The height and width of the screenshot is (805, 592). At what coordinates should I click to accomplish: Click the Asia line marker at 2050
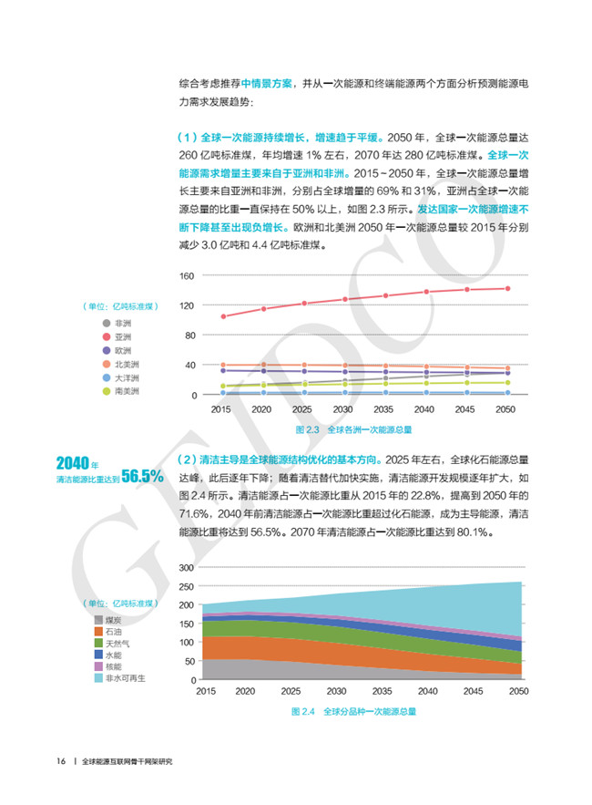pos(507,288)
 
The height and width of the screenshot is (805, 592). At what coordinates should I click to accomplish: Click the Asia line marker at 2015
pos(224,316)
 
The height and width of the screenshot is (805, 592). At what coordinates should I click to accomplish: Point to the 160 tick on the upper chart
pos(188,275)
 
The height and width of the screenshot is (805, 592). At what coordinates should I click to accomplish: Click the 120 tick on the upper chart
pos(188,305)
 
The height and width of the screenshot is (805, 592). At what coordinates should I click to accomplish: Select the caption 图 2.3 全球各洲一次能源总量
pos(353,428)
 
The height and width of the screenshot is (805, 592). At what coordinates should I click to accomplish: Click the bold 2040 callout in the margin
pos(71,463)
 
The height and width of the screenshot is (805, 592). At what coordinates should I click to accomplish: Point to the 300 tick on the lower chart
pos(187,567)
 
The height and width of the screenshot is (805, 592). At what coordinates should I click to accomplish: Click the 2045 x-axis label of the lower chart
pos(473,692)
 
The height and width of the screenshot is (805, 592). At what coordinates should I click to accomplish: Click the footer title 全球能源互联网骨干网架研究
pos(127,761)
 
